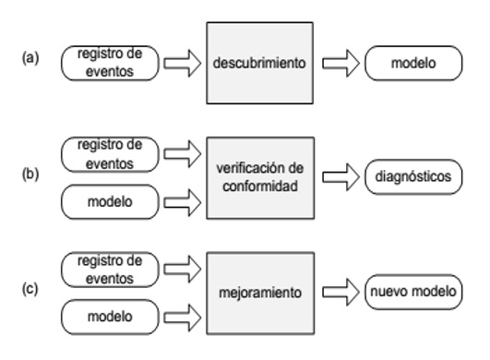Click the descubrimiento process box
click(x=258, y=64)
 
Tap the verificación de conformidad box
click(x=258, y=175)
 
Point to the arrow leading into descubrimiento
click(x=181, y=64)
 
